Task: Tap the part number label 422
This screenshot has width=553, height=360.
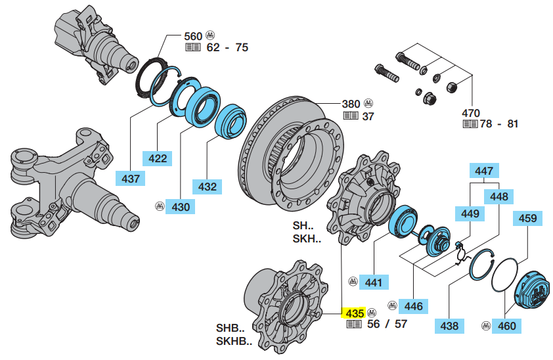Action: [x=158, y=158]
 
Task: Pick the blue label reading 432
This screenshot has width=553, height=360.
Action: [x=208, y=187]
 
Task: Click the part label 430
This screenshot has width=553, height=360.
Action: [x=181, y=206]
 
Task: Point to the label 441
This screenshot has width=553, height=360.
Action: [x=373, y=282]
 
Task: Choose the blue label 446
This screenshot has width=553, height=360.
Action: [x=414, y=305]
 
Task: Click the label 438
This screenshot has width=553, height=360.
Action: [x=449, y=325]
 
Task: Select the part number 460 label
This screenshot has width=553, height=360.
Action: [x=507, y=325]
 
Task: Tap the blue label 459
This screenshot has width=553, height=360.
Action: [x=528, y=218]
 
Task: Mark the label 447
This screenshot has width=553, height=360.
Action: [x=483, y=171]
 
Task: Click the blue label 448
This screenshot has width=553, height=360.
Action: [x=498, y=196]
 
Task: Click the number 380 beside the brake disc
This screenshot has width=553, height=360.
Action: [x=351, y=104]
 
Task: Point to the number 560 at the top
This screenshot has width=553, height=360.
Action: [x=195, y=35]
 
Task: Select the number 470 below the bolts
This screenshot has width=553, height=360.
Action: [x=471, y=112]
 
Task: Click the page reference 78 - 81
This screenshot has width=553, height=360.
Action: [x=498, y=124]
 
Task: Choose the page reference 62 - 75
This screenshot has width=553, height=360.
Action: [x=227, y=47]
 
